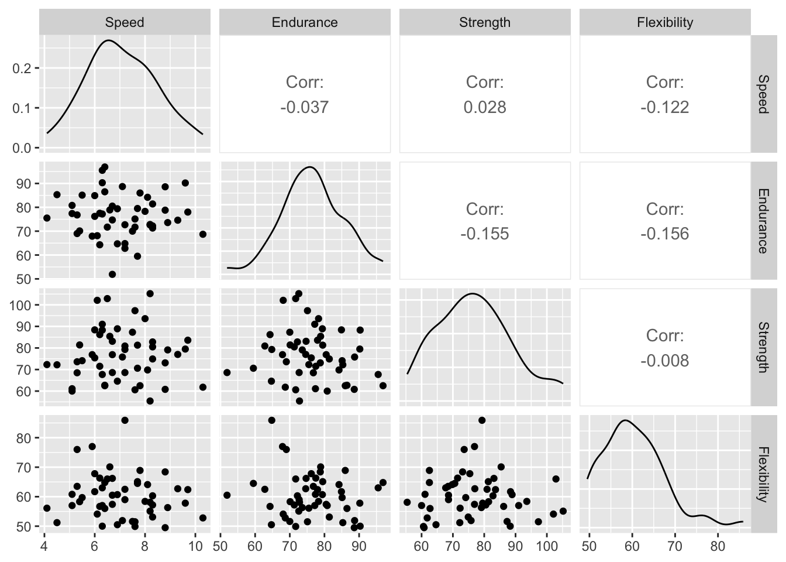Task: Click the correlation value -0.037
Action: pos(304,108)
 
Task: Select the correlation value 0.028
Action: pos(484,108)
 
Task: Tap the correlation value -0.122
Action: pos(664,108)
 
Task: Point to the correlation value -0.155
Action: pos(484,234)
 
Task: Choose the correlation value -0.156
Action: pos(664,234)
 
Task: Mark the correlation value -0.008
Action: pos(664,361)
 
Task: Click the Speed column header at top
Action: pos(125,23)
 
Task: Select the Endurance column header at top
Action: pos(305,23)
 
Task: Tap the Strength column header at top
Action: pos(485,23)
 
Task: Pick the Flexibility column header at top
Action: pos(665,23)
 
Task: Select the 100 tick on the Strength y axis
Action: pos(20,305)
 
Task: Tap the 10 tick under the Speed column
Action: pos(195,547)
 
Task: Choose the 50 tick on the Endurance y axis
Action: pos(24,279)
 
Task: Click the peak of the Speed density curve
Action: pos(108,40)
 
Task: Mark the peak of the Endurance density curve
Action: pos(309,167)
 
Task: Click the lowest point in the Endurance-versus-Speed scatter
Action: pos(112,274)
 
